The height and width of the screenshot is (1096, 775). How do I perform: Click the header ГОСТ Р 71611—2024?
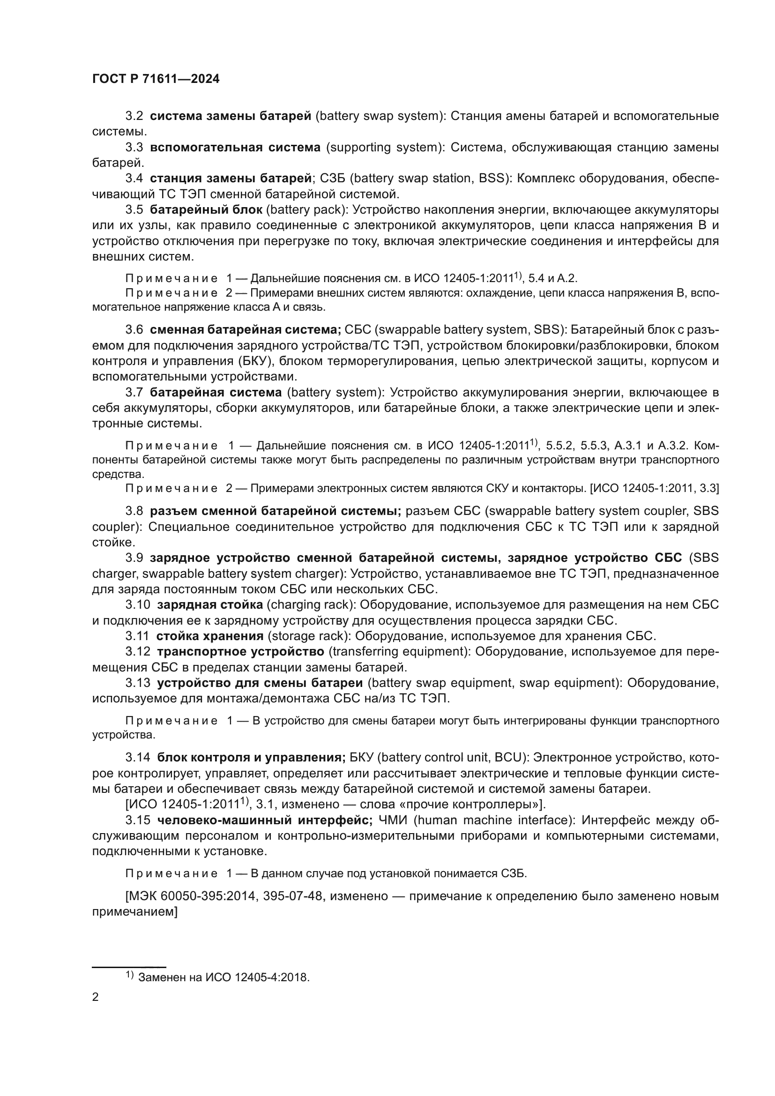click(156, 79)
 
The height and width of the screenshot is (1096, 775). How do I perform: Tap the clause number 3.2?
click(134, 116)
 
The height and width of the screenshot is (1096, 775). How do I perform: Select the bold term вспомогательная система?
click(235, 148)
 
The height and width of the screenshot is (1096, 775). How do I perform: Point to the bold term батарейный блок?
click(206, 210)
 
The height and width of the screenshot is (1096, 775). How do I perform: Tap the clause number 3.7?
click(134, 393)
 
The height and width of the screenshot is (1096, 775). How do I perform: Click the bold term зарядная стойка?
click(210, 605)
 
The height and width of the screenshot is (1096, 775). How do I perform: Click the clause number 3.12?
click(138, 652)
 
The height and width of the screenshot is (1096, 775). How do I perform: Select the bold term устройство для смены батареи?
click(260, 683)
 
